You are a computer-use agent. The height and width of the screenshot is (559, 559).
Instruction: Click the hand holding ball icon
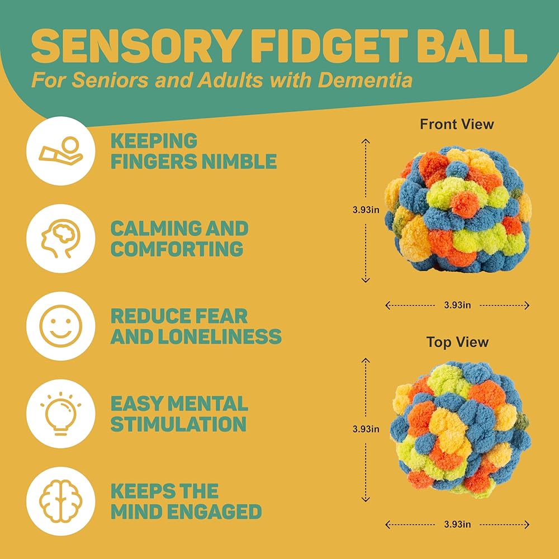point(60,151)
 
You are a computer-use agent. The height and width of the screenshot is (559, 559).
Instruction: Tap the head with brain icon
point(60,238)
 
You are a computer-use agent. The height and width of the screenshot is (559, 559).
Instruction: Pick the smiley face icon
point(60,326)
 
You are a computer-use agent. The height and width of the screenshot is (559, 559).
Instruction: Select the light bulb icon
point(60,414)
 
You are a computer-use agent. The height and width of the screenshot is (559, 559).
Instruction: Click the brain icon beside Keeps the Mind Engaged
point(60,501)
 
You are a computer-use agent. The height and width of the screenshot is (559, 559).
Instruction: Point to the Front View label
point(457,124)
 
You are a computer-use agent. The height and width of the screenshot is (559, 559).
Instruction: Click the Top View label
point(457,342)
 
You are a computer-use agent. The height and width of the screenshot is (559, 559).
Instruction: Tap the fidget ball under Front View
point(458,209)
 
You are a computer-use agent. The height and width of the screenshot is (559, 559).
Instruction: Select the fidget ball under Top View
point(460,429)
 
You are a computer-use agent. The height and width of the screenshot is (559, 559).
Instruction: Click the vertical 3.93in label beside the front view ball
point(366,210)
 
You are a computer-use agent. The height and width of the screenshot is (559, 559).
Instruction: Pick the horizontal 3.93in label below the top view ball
point(457,524)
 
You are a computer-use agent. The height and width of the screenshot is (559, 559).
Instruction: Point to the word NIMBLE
point(239,161)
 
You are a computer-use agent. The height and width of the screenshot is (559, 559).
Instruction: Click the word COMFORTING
point(177,249)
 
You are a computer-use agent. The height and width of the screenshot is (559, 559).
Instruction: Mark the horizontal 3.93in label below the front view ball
point(457,305)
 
